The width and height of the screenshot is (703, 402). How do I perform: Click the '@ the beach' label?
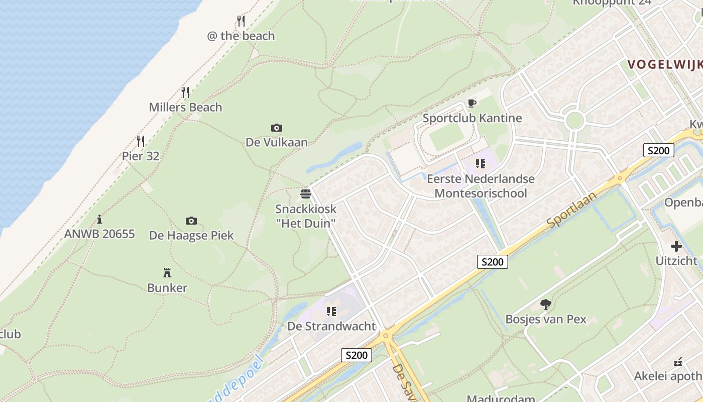coord(241,36)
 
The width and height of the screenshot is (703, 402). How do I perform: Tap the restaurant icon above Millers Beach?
coord(185,92)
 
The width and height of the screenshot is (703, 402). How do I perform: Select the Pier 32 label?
coord(141,156)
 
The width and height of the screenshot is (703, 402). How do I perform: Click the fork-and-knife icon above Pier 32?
coord(141,141)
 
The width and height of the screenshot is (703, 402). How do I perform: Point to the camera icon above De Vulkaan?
coord(276,128)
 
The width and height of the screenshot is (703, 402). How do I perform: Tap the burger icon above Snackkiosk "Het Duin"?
coord(306,193)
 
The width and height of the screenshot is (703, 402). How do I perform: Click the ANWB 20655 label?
coord(99,234)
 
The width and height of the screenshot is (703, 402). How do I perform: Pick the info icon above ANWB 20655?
coord(99,219)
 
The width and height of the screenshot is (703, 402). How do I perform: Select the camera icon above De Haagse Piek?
coord(191,221)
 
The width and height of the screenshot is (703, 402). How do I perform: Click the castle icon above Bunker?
coord(167,273)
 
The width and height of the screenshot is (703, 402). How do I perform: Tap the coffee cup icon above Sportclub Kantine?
coord(472,104)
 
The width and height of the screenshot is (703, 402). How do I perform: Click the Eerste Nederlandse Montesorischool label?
coord(481,186)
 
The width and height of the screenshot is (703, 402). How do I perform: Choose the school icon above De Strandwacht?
coord(331,312)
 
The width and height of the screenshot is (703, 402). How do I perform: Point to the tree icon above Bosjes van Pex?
coord(546,304)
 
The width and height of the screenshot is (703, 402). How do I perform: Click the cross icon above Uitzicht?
coord(676,246)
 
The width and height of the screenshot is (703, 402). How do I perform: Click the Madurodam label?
coord(501,398)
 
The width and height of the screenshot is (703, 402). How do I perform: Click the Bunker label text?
coord(167,288)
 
